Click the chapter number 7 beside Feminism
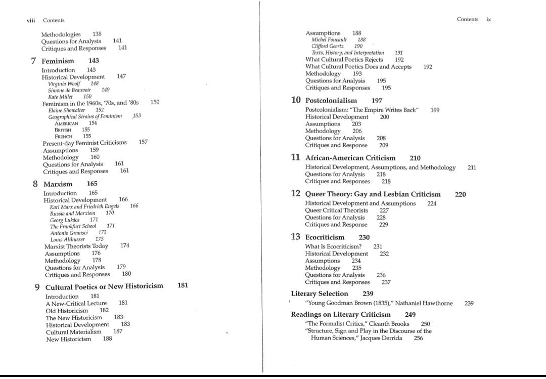point(33,61)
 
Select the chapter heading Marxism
point(58,184)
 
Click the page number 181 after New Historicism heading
point(183,285)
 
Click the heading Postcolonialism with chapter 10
point(331,100)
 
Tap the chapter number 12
point(296,194)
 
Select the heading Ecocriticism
point(325,237)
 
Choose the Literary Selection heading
point(320,293)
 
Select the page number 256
point(418,338)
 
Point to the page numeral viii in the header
point(31,20)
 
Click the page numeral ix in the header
point(488,20)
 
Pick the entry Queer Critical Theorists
point(336,210)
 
